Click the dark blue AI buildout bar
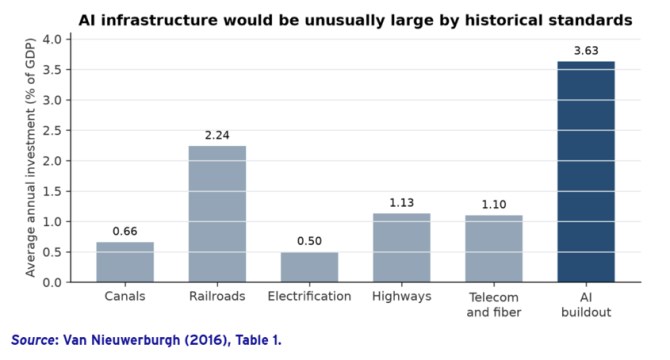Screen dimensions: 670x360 click(586, 172)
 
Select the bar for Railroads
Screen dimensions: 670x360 click(217, 214)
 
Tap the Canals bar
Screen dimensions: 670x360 click(125, 262)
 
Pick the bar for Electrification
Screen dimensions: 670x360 click(309, 267)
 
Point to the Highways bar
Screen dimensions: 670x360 click(402, 248)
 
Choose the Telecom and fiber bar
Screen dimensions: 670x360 click(494, 249)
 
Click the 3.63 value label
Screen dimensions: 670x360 click(586, 51)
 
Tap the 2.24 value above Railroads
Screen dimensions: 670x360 click(217, 135)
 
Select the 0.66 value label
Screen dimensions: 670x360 click(125, 231)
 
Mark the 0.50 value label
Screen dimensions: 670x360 click(309, 241)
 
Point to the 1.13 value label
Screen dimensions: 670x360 click(402, 203)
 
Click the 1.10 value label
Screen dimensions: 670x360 click(494, 205)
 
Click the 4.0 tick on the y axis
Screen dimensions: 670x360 click(52, 39)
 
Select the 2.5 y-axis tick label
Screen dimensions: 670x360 click(52, 131)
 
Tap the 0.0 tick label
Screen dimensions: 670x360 click(52, 283)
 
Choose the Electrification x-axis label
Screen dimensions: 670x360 click(309, 296)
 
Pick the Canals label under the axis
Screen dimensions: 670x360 click(125, 296)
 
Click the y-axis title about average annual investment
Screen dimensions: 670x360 click(30, 158)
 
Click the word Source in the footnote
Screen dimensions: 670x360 click(34, 340)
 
